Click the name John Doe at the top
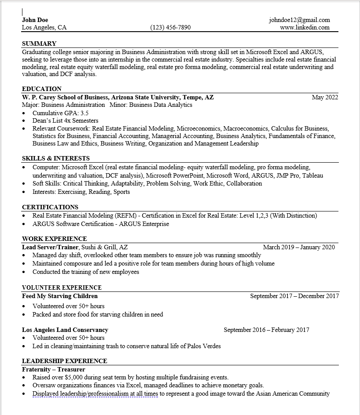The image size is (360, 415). [x=35, y=20]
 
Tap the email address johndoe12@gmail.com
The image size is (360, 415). [x=299, y=20]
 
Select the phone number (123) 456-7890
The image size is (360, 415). [x=170, y=27]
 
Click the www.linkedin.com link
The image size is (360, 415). [x=305, y=27]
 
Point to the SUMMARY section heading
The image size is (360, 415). [x=39, y=44]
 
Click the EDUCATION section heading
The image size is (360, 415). [x=42, y=89]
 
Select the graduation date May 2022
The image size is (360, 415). [x=325, y=97]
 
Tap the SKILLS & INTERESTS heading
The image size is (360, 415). [x=56, y=158]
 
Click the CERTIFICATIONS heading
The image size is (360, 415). [x=50, y=207]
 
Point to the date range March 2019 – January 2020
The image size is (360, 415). [x=299, y=247]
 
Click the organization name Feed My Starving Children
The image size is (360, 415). [x=60, y=296]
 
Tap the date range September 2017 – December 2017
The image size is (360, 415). [x=294, y=296]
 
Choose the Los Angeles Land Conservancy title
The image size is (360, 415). [x=65, y=330]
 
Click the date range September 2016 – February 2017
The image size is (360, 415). [x=266, y=330]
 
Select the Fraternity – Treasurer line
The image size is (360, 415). [x=54, y=369]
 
